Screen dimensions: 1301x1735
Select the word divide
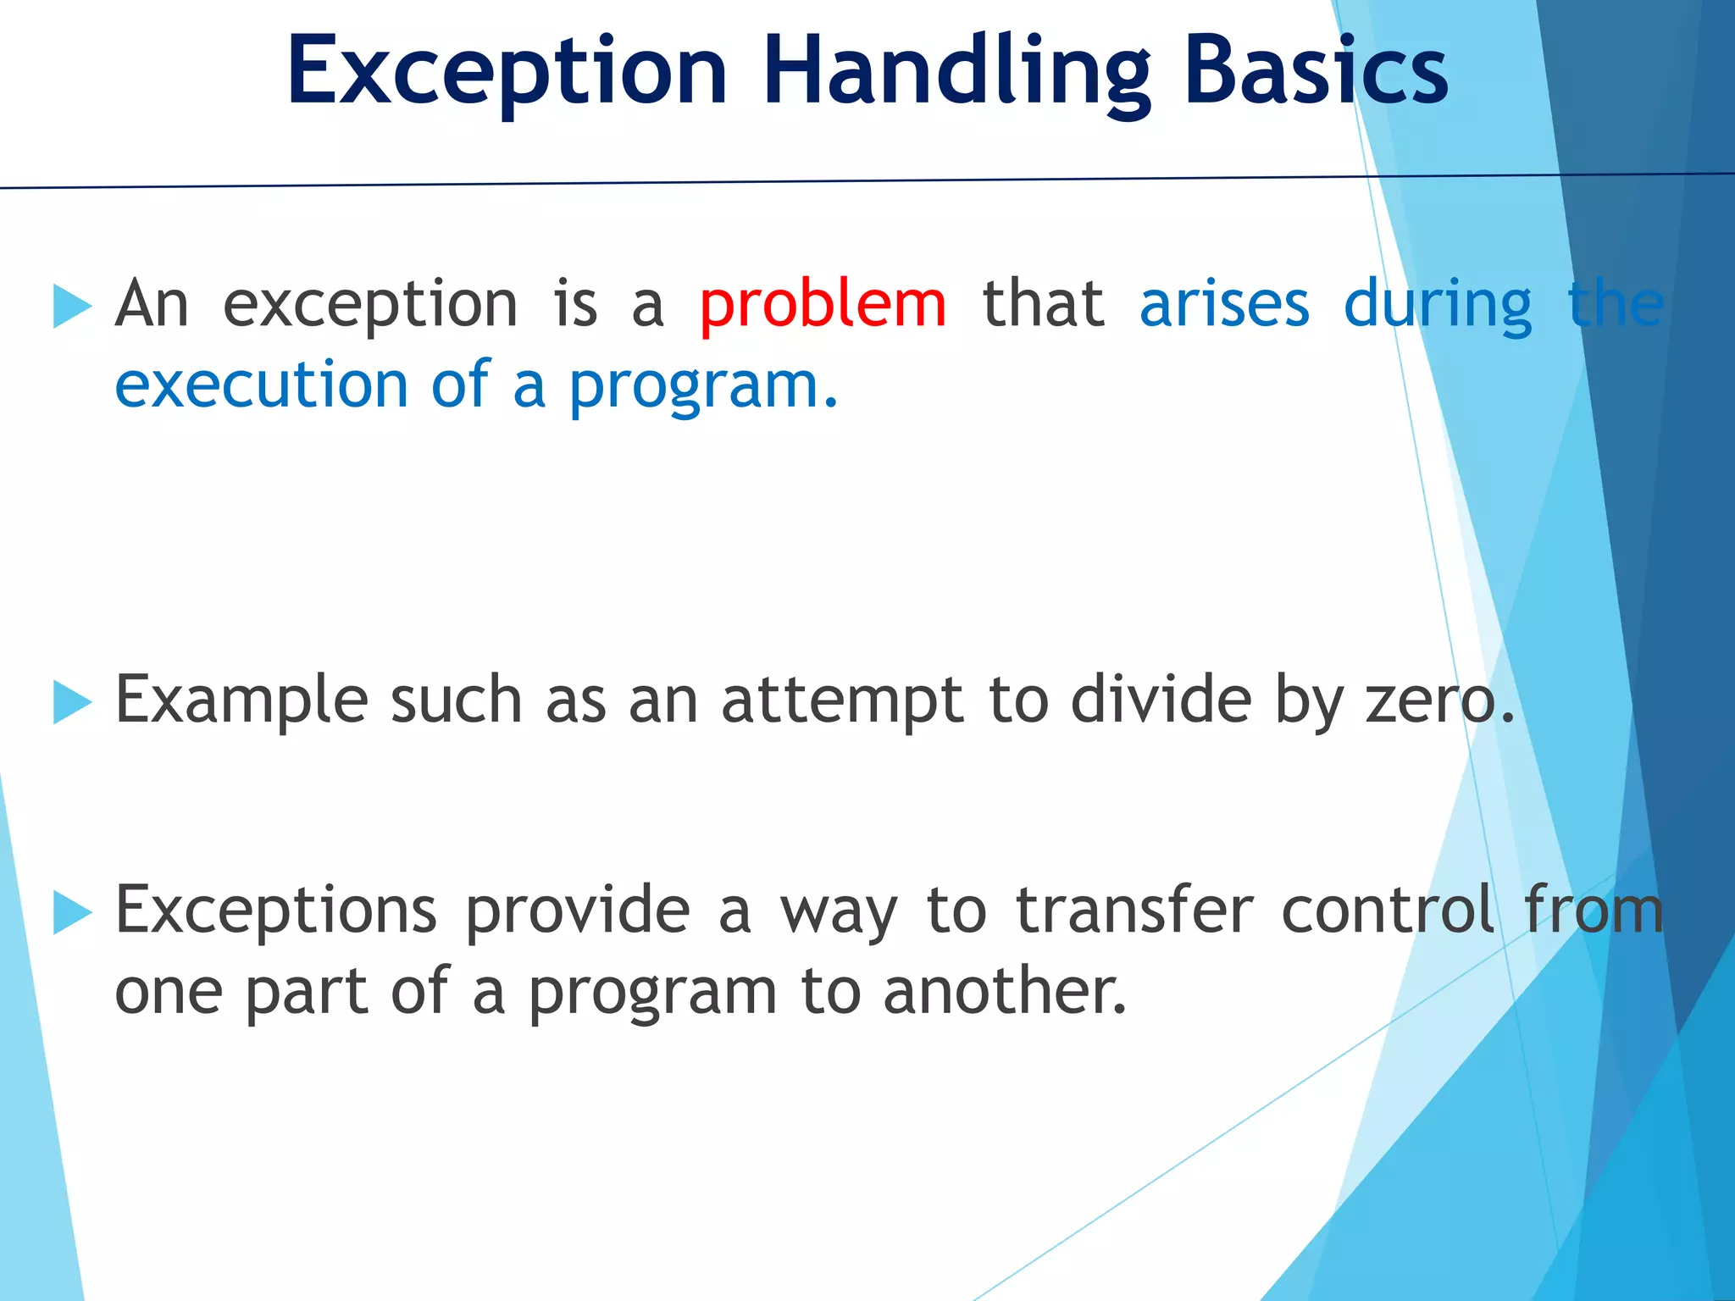[x=1161, y=701]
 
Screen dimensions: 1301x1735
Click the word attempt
[x=842, y=701]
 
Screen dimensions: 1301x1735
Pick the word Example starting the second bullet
[x=241, y=701]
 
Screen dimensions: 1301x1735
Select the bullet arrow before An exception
[x=71, y=306]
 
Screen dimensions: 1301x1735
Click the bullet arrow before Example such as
[x=71, y=702]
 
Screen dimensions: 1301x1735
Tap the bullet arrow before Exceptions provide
[x=71, y=912]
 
